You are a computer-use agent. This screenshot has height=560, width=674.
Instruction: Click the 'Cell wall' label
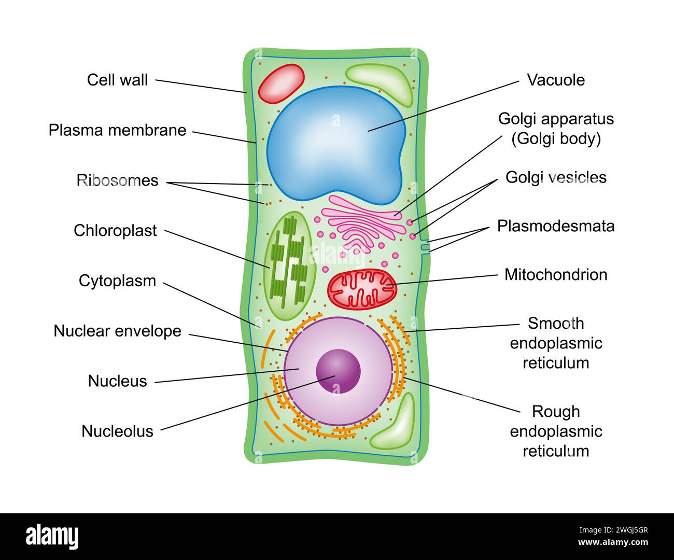pos(117,80)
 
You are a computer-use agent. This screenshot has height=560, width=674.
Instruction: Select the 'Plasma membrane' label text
pos(117,130)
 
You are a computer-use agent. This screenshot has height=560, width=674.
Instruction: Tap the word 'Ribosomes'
pos(117,180)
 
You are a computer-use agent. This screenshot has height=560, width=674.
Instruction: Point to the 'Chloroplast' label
pos(115,231)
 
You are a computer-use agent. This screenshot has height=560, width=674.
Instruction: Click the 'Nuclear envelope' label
pos(117,331)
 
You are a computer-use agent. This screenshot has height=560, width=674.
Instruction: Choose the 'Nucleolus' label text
pos(117,431)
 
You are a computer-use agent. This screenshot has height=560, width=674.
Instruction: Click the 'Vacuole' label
pos(556,80)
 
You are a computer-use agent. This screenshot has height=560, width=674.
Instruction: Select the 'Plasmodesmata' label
pos(556,226)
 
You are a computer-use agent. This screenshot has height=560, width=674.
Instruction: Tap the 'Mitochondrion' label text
pos(556,275)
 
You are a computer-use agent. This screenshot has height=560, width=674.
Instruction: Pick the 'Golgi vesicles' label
pos(556,177)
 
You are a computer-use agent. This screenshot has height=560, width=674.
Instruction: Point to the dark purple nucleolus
pos(338,371)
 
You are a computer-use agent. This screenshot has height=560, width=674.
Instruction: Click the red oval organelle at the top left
pos(282,83)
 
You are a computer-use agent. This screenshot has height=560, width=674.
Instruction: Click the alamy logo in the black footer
pos(52,536)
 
